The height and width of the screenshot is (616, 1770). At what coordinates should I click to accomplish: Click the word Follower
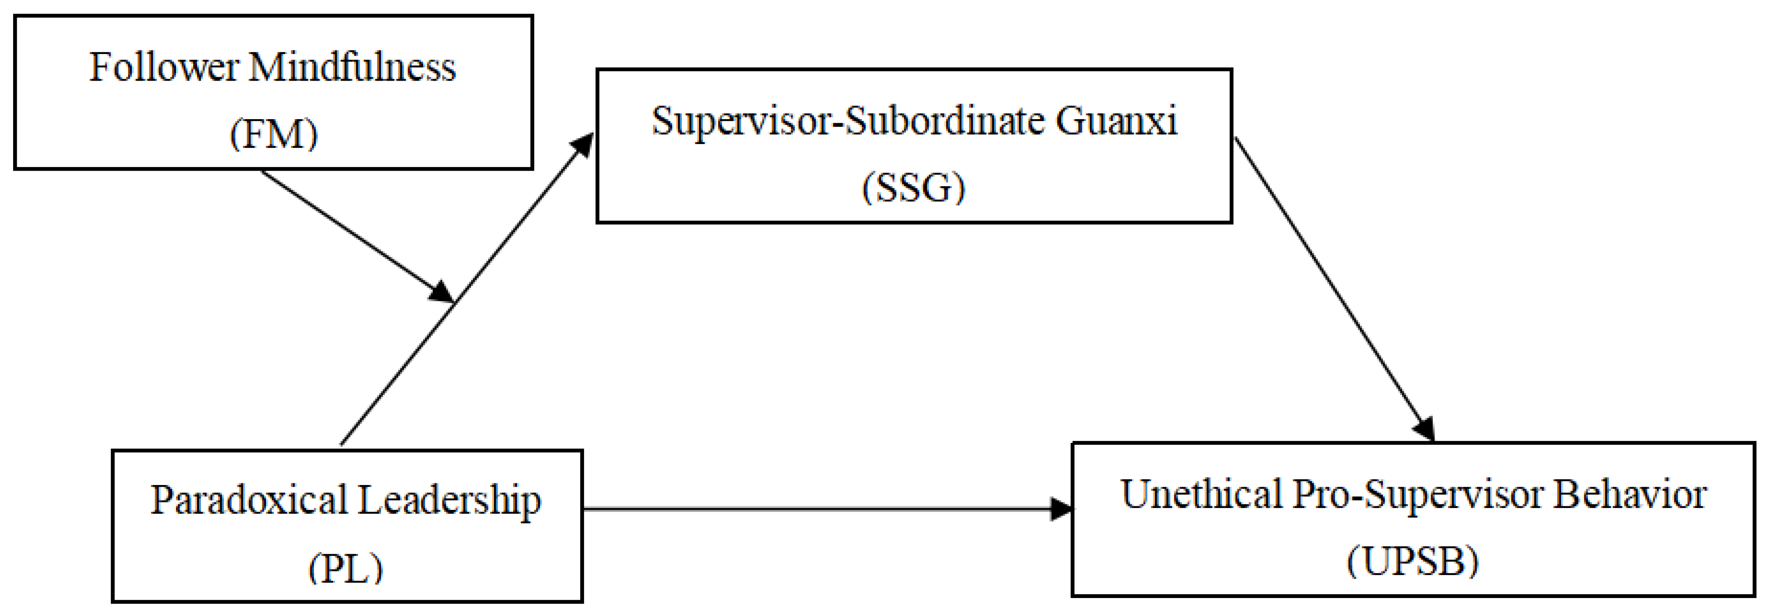click(x=164, y=68)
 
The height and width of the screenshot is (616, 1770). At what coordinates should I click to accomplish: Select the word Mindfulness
click(x=352, y=68)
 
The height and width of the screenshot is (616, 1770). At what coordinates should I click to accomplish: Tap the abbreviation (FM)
click(x=273, y=134)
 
